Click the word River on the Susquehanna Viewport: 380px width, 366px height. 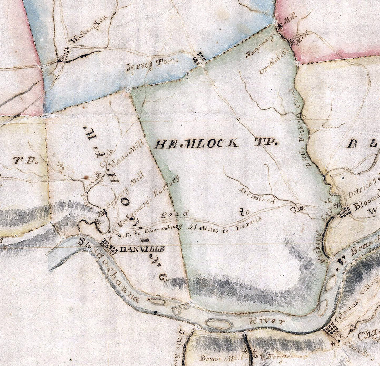pyautogui.click(x=267, y=322)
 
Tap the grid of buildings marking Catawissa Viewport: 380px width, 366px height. pyautogui.click(x=331, y=330)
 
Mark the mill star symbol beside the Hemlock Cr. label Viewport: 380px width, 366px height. pyautogui.click(x=301, y=208)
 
